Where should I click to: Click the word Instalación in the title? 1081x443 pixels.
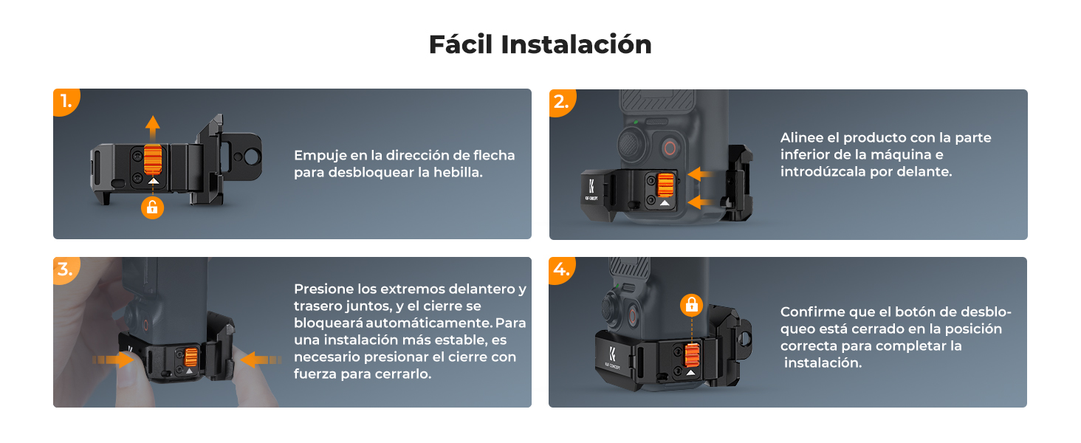tap(576, 44)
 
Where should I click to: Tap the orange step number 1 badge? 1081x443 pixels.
tap(66, 101)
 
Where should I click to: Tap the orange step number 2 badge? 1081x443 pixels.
tap(562, 103)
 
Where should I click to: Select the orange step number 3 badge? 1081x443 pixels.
tap(66, 269)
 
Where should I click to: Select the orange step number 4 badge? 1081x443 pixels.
tap(561, 269)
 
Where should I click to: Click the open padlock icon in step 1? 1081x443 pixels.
tap(153, 208)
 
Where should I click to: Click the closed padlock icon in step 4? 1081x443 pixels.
tap(692, 305)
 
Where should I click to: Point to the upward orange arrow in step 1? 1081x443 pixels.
tap(153, 128)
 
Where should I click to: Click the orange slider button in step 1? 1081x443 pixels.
tap(153, 159)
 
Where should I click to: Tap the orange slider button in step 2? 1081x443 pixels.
tap(665, 185)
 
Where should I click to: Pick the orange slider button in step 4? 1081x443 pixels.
tap(692, 355)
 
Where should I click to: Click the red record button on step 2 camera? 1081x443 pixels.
tap(670, 148)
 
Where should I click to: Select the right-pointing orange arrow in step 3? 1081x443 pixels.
tap(114, 360)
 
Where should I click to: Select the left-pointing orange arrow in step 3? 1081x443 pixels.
tap(261, 360)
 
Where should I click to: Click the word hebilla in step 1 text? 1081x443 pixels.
tap(458, 172)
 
